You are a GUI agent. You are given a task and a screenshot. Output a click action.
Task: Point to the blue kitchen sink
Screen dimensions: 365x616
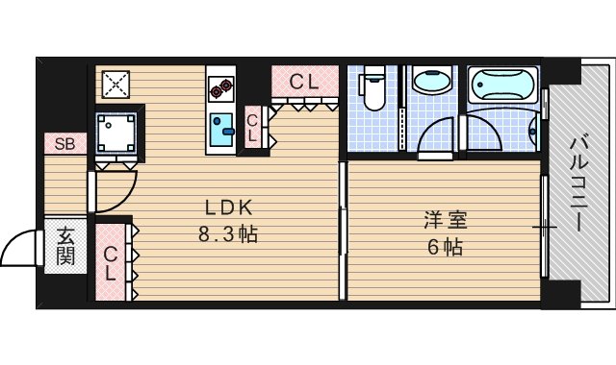pos(223,130)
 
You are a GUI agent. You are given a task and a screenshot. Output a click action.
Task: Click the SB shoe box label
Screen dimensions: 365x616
pos(65,145)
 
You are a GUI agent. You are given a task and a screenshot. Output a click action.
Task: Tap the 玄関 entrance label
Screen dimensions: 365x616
pos(65,244)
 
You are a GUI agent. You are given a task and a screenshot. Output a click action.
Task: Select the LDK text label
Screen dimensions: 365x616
pos(229,207)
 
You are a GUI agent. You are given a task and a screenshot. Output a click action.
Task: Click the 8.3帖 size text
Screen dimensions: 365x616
pos(229,233)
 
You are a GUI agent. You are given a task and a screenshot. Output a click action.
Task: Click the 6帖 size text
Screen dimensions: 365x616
pos(443,246)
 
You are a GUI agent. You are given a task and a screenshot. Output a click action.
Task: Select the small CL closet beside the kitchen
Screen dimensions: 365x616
pos(252,128)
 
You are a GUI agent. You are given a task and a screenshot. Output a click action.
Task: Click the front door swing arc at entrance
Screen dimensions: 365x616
pos(21,249)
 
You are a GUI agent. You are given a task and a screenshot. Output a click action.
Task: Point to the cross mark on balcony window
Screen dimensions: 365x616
pos(545,227)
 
